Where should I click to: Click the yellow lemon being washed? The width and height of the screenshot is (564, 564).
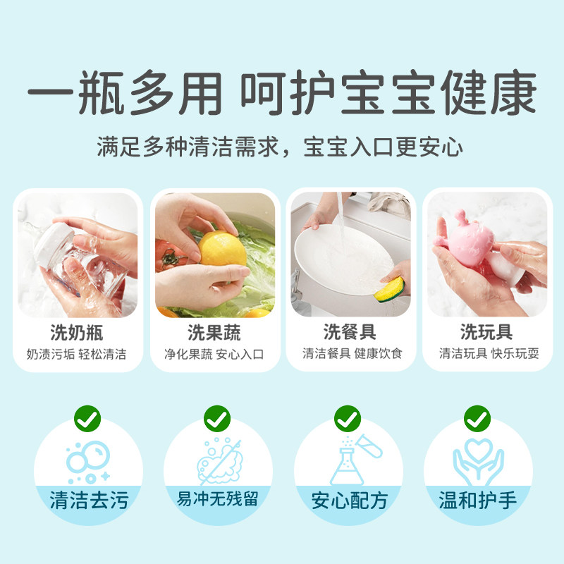(222, 250)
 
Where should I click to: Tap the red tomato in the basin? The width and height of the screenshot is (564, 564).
(170, 255)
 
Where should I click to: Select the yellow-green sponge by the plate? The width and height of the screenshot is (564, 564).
(390, 289)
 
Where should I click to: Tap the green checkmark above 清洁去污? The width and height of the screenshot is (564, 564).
(87, 419)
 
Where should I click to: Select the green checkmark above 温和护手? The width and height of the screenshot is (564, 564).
(477, 419)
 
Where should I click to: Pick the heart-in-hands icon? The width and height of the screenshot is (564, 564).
(478, 462)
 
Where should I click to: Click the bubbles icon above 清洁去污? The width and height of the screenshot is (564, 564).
(88, 462)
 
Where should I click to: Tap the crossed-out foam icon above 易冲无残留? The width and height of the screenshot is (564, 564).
(219, 461)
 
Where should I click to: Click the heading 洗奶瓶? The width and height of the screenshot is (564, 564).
(77, 332)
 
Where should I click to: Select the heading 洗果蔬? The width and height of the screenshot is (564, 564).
(214, 332)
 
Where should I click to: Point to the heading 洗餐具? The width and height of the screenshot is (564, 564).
(350, 331)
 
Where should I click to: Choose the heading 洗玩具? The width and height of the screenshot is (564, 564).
(486, 331)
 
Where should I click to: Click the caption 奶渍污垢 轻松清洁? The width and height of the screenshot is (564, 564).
(77, 355)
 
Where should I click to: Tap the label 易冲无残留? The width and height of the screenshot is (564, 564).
(218, 499)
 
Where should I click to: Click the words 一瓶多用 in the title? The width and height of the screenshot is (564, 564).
(125, 93)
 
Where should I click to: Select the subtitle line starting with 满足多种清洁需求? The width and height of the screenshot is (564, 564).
(280, 147)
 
